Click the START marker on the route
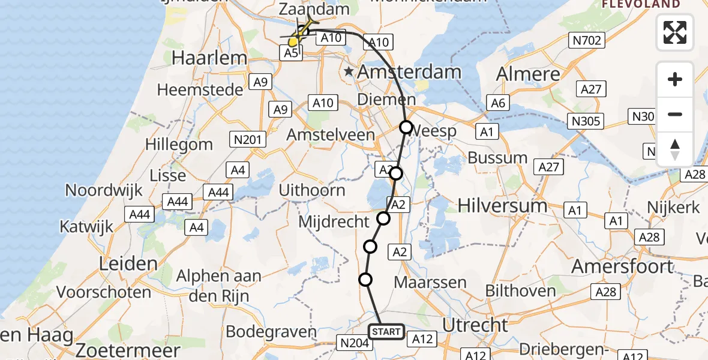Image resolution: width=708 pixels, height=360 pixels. pyautogui.click(x=386, y=331)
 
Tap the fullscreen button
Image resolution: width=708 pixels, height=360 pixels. pyautogui.click(x=675, y=32)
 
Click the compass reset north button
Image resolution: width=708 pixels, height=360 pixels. pyautogui.click(x=675, y=149)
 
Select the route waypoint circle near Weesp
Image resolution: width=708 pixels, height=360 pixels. pyautogui.click(x=406, y=127)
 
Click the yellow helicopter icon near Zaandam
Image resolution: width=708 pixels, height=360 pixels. pyautogui.click(x=302, y=32)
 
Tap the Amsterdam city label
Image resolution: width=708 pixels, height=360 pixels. pyautogui.click(x=410, y=72)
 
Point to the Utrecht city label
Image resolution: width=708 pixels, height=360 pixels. pyautogui.click(x=475, y=325)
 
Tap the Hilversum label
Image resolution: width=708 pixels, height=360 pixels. pyautogui.click(x=502, y=206)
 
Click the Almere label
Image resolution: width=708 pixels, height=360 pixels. pyautogui.click(x=529, y=74)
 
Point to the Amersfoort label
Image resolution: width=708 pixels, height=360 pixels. pyautogui.click(x=623, y=266)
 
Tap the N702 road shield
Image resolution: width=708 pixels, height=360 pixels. pyautogui.click(x=587, y=40)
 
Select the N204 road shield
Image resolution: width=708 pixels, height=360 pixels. pyautogui.click(x=352, y=343)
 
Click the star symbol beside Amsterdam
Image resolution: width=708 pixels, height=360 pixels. pyautogui.click(x=349, y=72)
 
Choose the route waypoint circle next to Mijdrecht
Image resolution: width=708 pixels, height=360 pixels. pyautogui.click(x=383, y=218)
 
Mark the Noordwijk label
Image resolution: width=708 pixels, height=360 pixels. pyautogui.click(x=104, y=190)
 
